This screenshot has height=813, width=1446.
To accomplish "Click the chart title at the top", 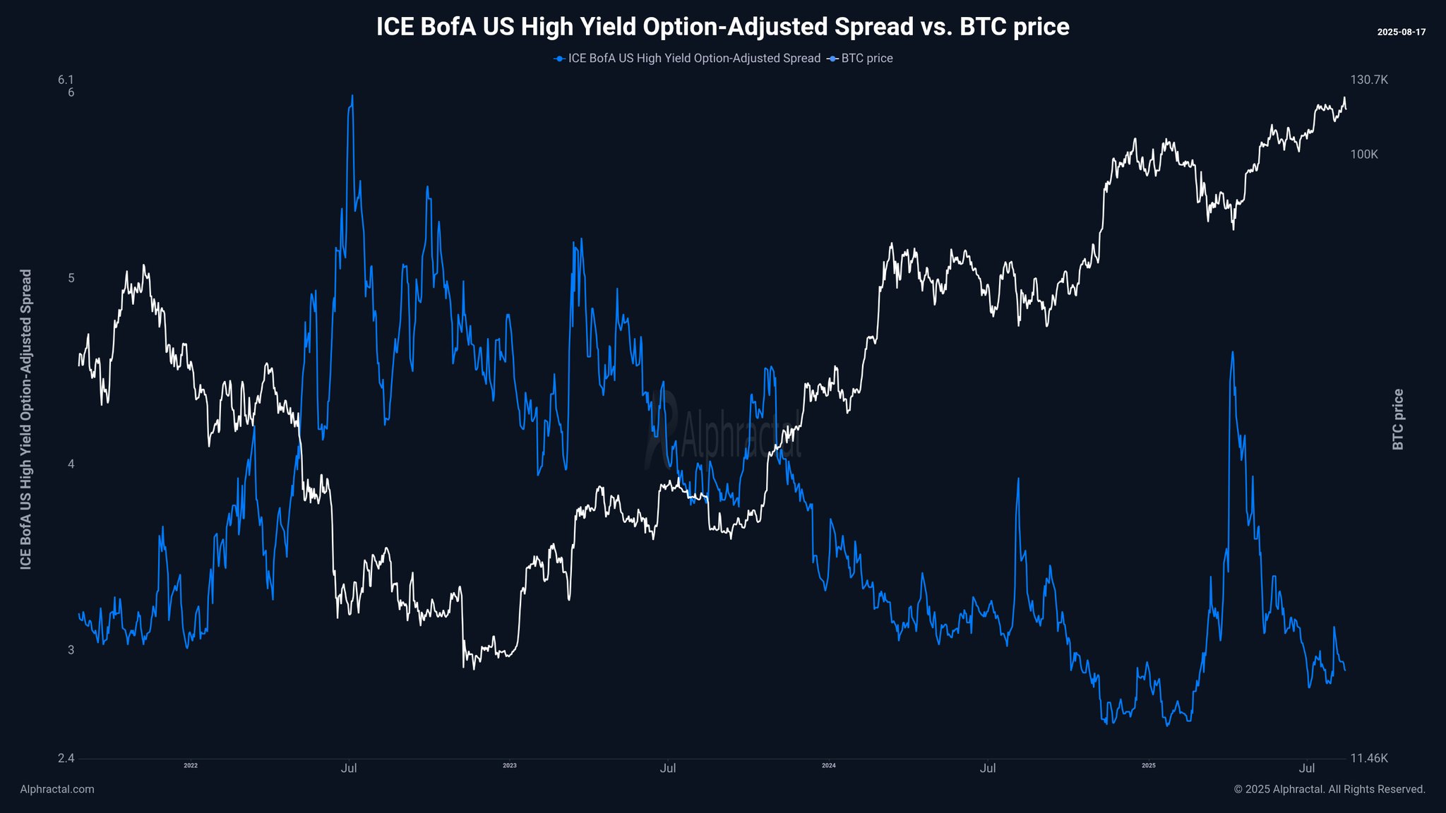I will (722, 27).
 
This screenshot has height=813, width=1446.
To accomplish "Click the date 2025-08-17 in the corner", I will (1401, 32).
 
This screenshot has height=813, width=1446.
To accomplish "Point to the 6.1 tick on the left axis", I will (66, 80).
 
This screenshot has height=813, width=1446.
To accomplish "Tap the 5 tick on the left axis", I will (71, 278).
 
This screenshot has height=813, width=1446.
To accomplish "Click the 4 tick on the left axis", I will (71, 464).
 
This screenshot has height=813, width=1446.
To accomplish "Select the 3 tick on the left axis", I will (71, 650).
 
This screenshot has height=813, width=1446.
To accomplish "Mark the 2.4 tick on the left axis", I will (66, 759).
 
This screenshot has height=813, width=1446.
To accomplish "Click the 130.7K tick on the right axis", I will (1369, 80).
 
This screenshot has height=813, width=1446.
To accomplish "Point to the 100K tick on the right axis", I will (1364, 155).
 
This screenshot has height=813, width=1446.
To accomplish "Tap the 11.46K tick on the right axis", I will (1369, 759).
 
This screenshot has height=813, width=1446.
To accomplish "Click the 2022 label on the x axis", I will (191, 766).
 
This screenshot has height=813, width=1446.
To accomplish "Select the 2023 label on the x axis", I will (510, 766).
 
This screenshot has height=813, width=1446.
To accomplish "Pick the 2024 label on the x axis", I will (829, 766).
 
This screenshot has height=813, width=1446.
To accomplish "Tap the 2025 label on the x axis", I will (1149, 766).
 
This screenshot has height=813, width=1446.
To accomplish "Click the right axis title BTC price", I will (1398, 419).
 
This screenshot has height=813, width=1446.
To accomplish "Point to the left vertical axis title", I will (26, 419).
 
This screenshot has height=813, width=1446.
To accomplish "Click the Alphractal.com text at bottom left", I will (57, 789).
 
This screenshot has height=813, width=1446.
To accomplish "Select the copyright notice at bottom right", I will (1330, 789).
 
